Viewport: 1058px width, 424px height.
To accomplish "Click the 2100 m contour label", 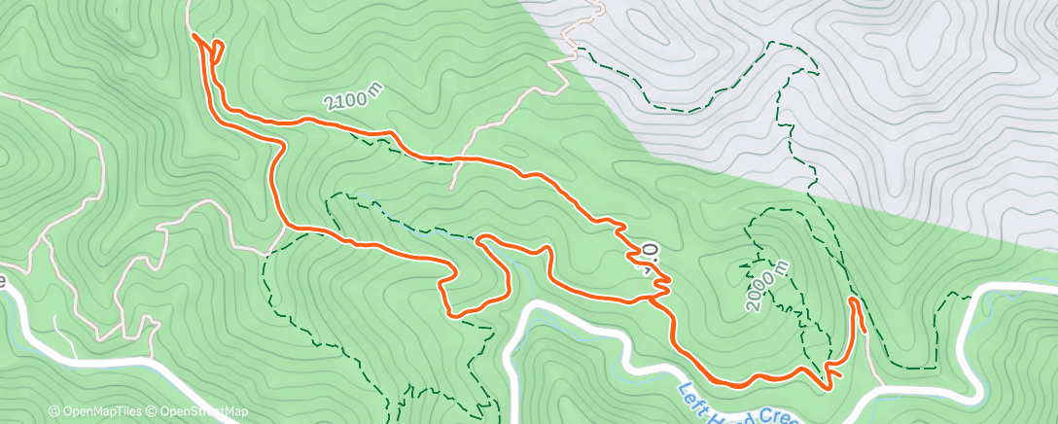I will [354, 98].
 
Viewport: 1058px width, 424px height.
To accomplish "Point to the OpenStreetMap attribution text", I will [198, 412].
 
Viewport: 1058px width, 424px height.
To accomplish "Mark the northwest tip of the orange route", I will [195, 36].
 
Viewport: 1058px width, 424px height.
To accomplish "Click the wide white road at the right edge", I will [1011, 292].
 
